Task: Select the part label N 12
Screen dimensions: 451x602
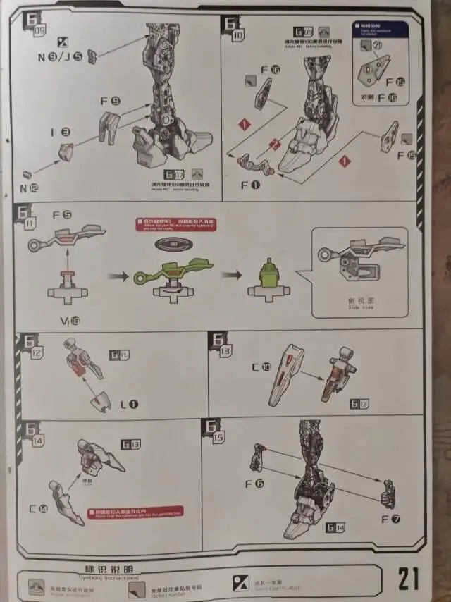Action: [x=30, y=188]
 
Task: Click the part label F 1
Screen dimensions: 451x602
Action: [x=251, y=185]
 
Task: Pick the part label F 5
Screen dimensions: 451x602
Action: [x=61, y=214]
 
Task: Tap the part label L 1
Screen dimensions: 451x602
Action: [x=129, y=404]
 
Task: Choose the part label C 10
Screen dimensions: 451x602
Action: [x=261, y=367]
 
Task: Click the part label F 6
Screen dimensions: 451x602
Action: [x=254, y=484]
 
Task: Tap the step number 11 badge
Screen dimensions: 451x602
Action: [x=26, y=216]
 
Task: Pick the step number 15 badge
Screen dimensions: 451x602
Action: [x=214, y=431]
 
